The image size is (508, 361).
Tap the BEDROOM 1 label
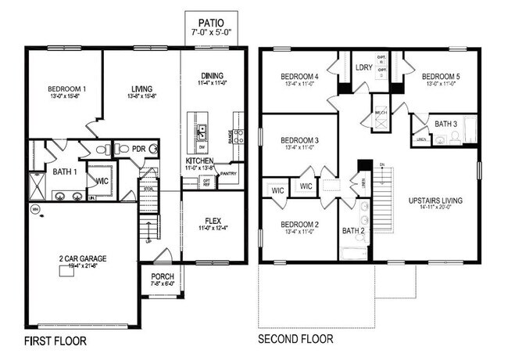pyautogui.click(x=66, y=88)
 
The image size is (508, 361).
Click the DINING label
pyautogui.click(x=211, y=75)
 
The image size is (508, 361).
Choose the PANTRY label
pyautogui.click(x=228, y=174)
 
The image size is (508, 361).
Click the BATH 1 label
pyautogui.click(x=64, y=171)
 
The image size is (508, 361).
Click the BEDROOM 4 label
pyautogui.click(x=299, y=76)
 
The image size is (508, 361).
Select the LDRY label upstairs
pyautogui.click(x=363, y=67)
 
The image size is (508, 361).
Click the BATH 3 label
pyautogui.click(x=445, y=124)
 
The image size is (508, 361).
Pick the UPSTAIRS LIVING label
pyautogui.click(x=435, y=200)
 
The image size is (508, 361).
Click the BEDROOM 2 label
pyautogui.click(x=299, y=224)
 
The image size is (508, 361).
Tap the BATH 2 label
pyautogui.click(x=354, y=230)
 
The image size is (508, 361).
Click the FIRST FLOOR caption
pyautogui.click(x=55, y=341)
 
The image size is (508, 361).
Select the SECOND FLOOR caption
pyautogui.click(x=295, y=339)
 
